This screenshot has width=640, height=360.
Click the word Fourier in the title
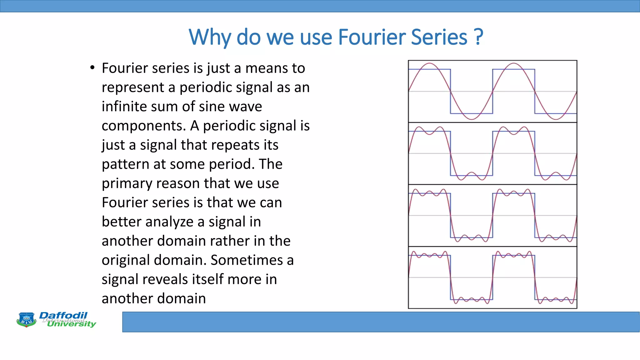(x=372, y=37)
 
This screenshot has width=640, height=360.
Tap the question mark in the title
(x=478, y=37)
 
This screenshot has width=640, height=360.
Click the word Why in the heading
(x=210, y=38)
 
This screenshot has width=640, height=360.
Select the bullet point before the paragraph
(x=92, y=68)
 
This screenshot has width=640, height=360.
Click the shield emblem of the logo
(x=26, y=320)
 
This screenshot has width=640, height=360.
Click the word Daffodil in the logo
(x=63, y=315)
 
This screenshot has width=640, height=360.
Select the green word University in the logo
(x=72, y=324)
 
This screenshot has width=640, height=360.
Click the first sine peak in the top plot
(x=430, y=63)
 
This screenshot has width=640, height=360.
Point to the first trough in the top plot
(x=472, y=119)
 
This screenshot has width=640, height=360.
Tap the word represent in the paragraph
(x=132, y=87)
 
